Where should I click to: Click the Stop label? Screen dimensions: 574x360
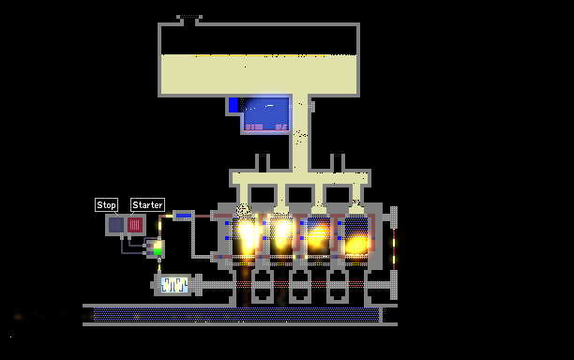[x=106, y=205]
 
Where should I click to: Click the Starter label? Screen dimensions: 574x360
[x=147, y=205]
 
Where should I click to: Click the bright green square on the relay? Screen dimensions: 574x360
[x=158, y=251]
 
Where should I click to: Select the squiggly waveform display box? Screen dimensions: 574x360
[x=174, y=285]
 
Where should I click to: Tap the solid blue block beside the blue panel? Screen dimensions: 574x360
[x=233, y=105]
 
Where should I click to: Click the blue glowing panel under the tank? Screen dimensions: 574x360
[x=266, y=114]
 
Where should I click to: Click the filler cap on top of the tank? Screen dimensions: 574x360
[x=189, y=17]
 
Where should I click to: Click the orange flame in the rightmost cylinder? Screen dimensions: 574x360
[x=356, y=245]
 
